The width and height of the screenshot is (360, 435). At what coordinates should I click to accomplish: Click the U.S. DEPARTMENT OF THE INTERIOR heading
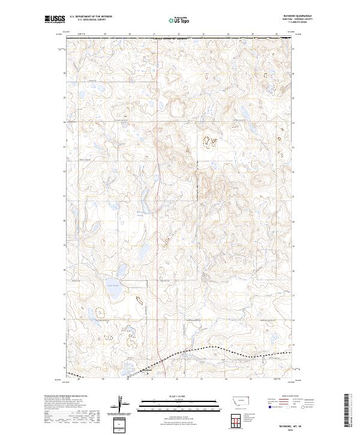tap(90, 17)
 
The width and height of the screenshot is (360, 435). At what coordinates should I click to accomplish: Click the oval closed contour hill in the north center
tap(178, 109)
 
